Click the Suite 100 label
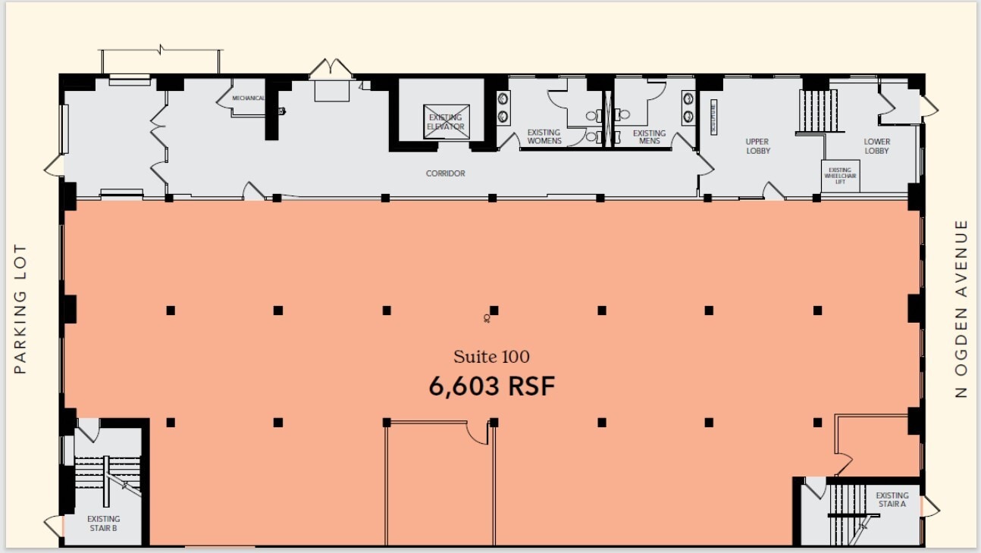coord(491,357)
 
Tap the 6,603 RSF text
coord(492,387)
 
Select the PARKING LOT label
coord(21,308)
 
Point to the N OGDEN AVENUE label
coord(961,308)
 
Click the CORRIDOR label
coord(445,173)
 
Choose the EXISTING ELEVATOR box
coord(446,121)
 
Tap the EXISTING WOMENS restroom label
coord(544,137)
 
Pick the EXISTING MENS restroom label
coord(648,137)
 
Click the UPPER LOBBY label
coord(757,146)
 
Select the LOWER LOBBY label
coord(876,146)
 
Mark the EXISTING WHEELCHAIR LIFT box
coord(839,176)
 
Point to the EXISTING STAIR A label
coord(892,500)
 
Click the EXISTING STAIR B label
coord(103,523)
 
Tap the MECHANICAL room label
coord(248,98)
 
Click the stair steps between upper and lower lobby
coord(817,111)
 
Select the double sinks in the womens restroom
coord(503,107)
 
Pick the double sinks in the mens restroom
coord(688,107)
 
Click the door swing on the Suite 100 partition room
coord(478,433)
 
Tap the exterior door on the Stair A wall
coord(929,505)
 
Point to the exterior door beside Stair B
coord(55,524)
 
